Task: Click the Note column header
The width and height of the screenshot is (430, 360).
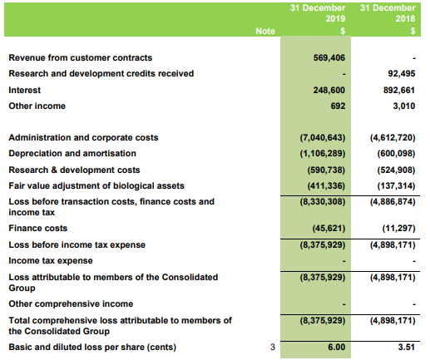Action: (265, 31)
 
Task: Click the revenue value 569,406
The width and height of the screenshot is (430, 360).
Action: (329, 57)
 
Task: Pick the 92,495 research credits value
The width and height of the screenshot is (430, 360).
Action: (401, 73)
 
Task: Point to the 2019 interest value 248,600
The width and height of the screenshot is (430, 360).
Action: (329, 90)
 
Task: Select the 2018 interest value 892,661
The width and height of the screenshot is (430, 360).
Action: (399, 90)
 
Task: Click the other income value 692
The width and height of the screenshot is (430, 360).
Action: (338, 106)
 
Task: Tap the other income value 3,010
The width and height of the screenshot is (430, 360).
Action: (404, 106)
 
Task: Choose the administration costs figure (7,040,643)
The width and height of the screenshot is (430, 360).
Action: (323, 137)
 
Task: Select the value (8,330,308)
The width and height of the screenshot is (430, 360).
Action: (323, 201)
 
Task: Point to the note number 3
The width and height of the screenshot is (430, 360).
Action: (273, 347)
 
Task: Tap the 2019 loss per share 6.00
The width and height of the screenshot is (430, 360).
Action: (337, 347)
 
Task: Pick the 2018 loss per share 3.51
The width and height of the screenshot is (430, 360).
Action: (407, 347)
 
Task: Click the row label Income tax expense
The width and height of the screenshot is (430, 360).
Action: (51, 261)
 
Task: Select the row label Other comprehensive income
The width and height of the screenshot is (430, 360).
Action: (71, 303)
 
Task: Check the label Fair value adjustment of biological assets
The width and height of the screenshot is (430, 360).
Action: (96, 185)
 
